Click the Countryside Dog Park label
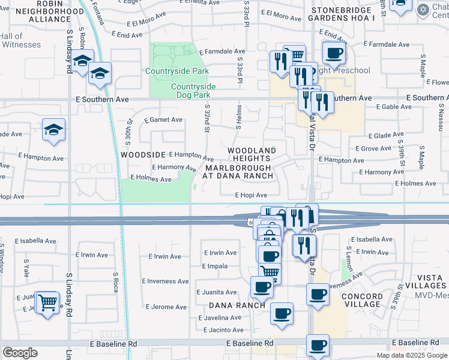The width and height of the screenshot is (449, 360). pyautogui.click(x=193, y=91)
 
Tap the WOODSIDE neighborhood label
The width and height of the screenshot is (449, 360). pyautogui.click(x=142, y=154)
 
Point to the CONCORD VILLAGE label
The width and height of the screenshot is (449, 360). pyautogui.click(x=363, y=300)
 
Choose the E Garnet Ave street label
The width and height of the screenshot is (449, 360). pyautogui.click(x=163, y=120)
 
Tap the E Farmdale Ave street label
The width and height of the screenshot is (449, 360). pyautogui.click(x=223, y=52)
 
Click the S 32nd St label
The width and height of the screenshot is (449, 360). pyautogui.click(x=206, y=121)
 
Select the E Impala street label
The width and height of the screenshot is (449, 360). pyautogui.click(x=214, y=266)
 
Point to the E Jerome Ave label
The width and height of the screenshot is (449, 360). pyautogui.click(x=166, y=307)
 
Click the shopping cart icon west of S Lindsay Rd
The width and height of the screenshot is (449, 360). pyautogui.click(x=47, y=301)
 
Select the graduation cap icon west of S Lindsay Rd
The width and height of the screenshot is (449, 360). pyautogui.click(x=54, y=129)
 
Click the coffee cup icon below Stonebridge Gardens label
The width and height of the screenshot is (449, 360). pyautogui.click(x=334, y=52)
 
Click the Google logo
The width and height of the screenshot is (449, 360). pyautogui.click(x=20, y=353)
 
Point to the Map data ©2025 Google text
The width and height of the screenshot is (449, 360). pyautogui.click(x=411, y=355)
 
